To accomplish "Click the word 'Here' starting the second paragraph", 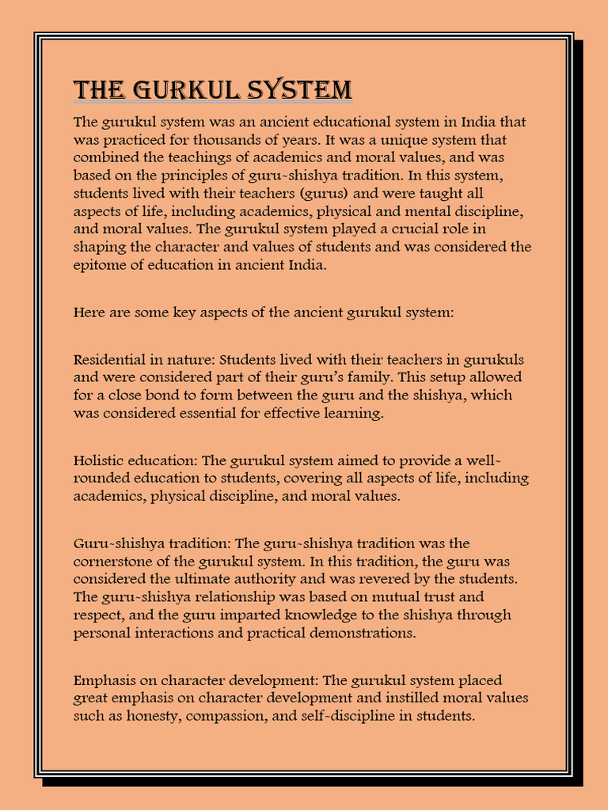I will click(x=87, y=312).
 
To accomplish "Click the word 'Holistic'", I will click(x=99, y=460).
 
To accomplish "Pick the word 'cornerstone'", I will click(x=112, y=562).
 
